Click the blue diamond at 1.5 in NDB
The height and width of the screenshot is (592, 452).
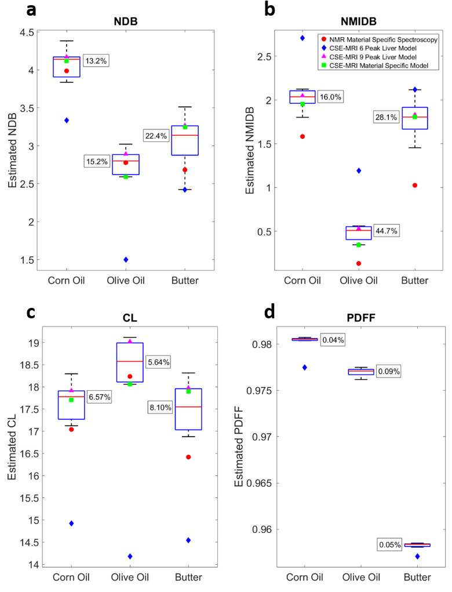click(126, 259)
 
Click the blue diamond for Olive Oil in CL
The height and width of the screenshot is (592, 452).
click(130, 557)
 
